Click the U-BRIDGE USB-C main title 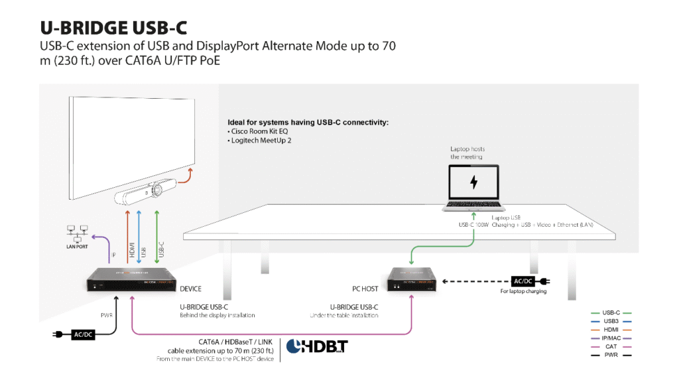(113, 27)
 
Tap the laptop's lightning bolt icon (473, 182)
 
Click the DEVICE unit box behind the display (132, 282)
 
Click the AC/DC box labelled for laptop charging (523, 281)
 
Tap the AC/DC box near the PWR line (83, 334)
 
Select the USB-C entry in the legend (611, 312)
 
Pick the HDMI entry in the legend (611, 329)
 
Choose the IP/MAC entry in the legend (611, 338)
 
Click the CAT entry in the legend (611, 346)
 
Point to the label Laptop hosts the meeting (467, 153)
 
